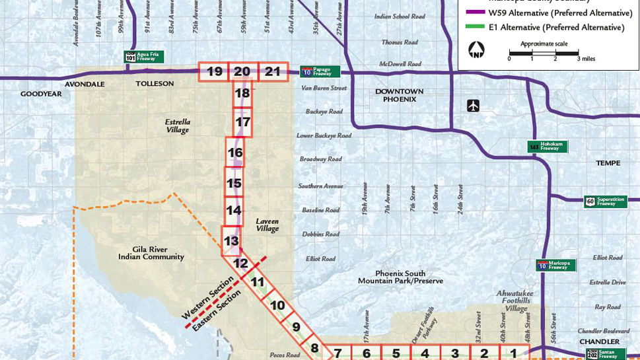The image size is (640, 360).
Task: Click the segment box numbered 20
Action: point(242,72)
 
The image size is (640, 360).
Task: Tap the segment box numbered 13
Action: point(231,241)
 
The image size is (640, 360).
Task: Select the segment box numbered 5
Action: point(396,353)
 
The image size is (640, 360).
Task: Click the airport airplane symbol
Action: point(473,105)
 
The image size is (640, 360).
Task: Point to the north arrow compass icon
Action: point(476,50)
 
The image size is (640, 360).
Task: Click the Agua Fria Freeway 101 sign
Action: point(144,57)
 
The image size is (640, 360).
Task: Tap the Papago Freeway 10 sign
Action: point(320,71)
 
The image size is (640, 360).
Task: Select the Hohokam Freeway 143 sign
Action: point(548,147)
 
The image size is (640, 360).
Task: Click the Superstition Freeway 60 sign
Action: point(604,201)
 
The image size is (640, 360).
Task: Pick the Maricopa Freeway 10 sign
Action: point(555,265)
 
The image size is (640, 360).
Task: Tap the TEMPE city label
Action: point(608,163)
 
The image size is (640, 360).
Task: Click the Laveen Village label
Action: point(267,225)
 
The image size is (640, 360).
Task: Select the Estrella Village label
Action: point(177,126)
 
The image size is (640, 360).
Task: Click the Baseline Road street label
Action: point(321,210)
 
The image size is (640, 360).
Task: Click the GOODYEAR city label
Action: point(40,94)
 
